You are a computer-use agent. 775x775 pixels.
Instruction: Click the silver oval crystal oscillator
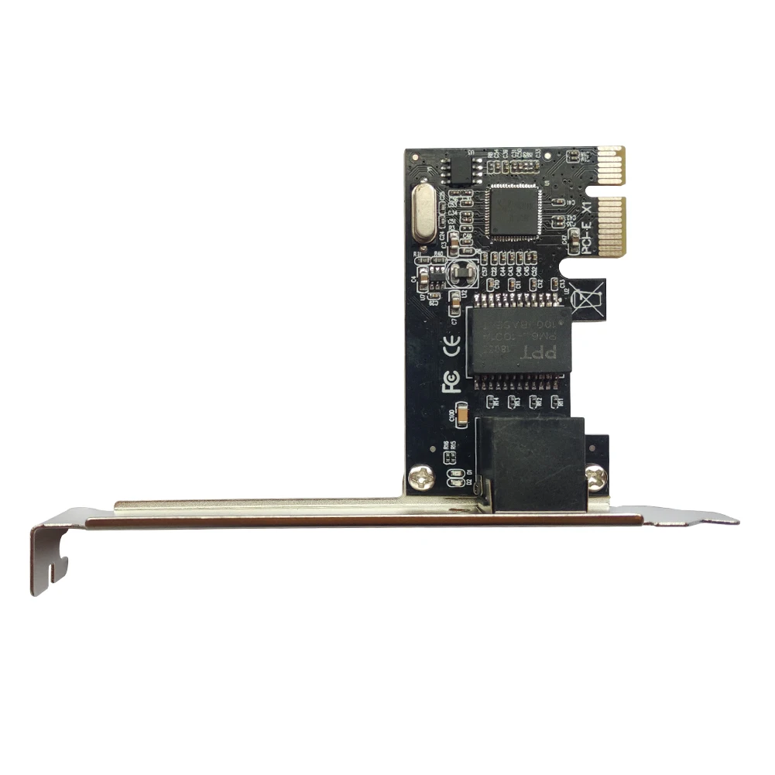pos(424,214)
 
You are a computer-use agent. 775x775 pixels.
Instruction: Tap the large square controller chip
pos(514,211)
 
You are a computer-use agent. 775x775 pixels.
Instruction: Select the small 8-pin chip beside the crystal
pos(461,168)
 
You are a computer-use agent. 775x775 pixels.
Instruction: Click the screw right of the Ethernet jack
pos(595,477)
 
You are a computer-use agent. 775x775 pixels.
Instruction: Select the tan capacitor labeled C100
pos(461,417)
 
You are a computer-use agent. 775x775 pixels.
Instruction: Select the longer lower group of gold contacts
pos(612,226)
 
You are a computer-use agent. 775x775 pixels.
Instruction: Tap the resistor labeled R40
pos(439,261)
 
